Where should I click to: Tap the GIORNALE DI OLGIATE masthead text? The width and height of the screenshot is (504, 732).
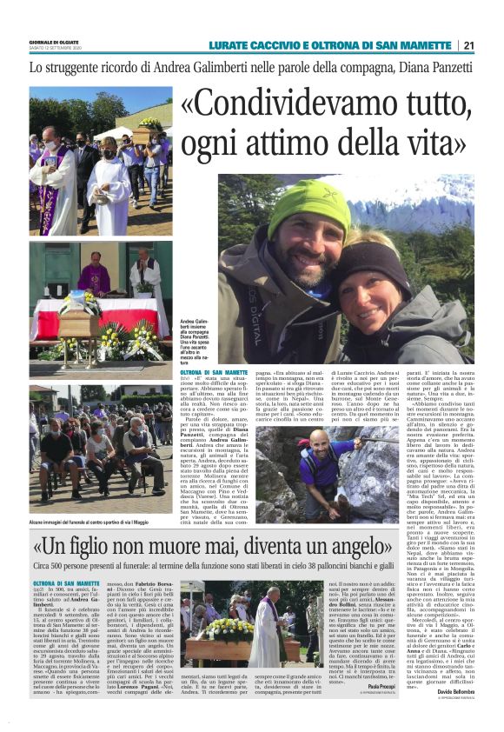point(54,41)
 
